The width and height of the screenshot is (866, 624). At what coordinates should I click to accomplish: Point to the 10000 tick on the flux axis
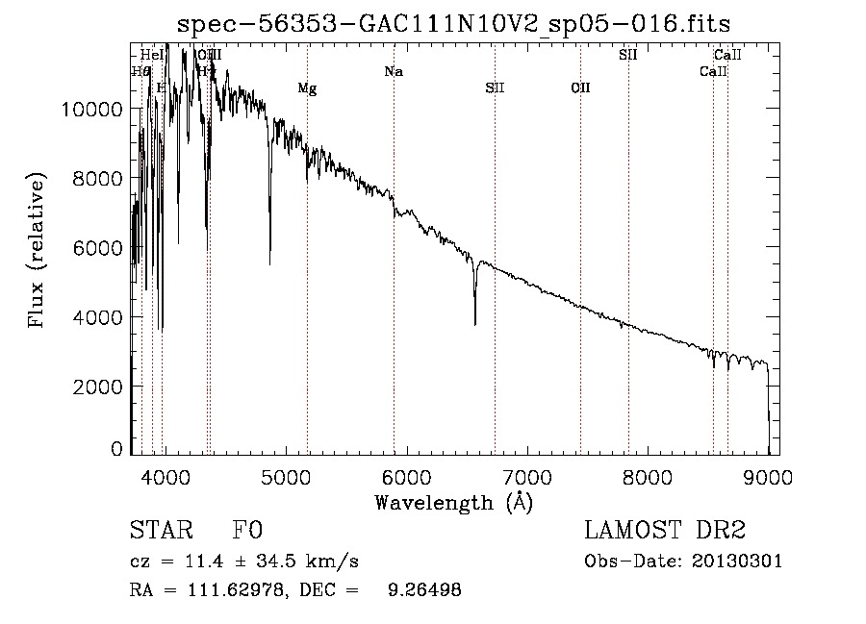tap(93, 110)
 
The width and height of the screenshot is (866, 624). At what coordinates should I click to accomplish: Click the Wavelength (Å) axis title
tap(453, 502)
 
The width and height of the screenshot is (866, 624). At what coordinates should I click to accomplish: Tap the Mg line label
tap(307, 89)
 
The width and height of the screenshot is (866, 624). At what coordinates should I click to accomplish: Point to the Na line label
tap(393, 72)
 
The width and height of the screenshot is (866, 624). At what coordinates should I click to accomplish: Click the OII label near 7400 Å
tap(580, 88)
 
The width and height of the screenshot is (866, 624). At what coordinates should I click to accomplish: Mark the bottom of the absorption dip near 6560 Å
tap(474, 324)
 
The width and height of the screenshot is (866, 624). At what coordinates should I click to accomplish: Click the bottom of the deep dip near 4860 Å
tap(269, 263)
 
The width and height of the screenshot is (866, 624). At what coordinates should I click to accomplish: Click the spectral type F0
tap(247, 532)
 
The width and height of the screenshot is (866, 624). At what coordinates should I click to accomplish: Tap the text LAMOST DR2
tap(665, 531)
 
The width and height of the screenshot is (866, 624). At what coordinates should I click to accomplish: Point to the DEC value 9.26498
tap(422, 590)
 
